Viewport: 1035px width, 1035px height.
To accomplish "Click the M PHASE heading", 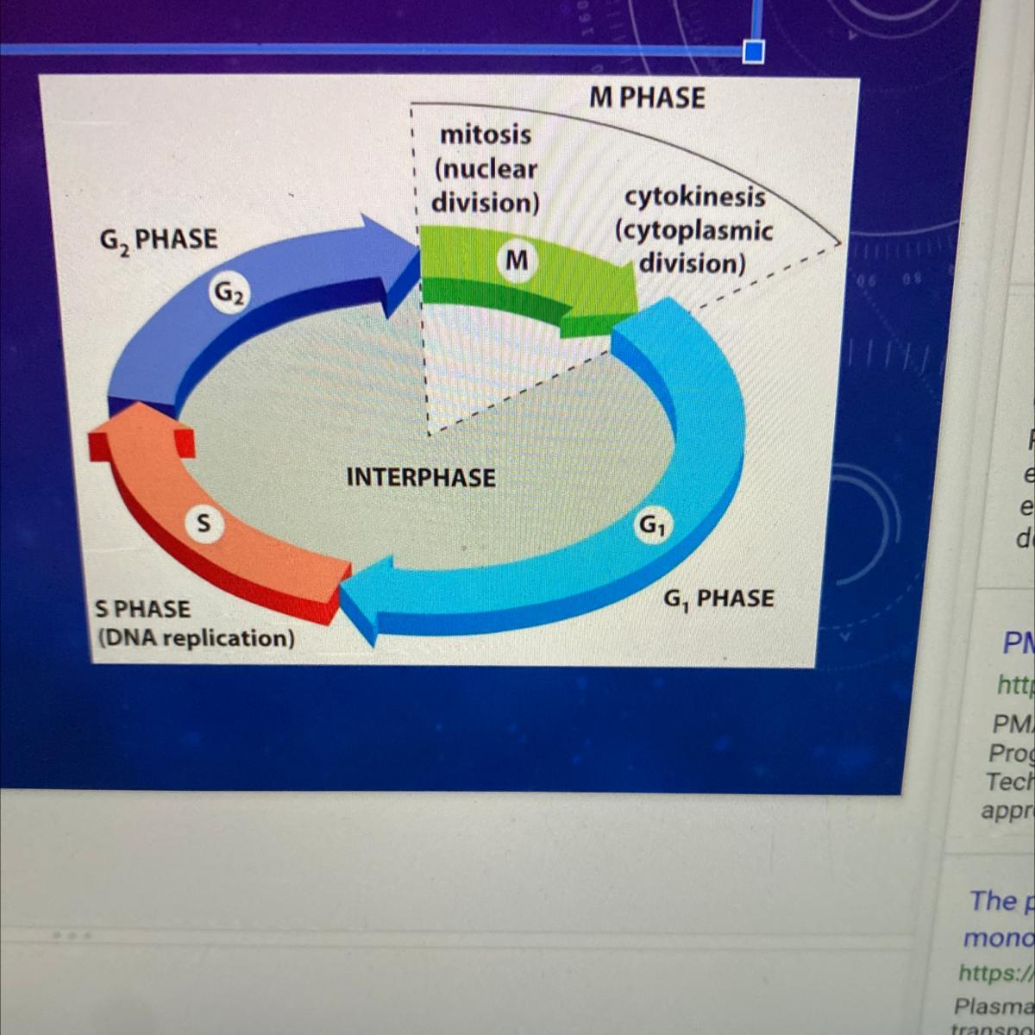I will tap(647, 97).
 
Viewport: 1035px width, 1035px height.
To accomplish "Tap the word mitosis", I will tap(486, 135).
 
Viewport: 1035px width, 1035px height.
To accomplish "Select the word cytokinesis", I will tap(694, 198).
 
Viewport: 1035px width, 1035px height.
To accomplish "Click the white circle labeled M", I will tap(517, 259).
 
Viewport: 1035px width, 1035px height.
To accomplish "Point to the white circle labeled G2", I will tap(229, 293).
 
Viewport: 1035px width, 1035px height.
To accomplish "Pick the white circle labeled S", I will tap(203, 523).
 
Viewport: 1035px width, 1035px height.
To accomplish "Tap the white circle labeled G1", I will tap(652, 524).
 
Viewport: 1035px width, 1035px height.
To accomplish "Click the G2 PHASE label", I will tap(159, 239).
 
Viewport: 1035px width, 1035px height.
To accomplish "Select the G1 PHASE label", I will tap(718, 598).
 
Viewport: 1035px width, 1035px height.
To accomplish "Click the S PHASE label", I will tap(142, 609).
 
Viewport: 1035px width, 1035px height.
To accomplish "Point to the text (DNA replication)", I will tap(196, 638).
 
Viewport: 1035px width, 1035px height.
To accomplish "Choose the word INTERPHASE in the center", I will tap(421, 477).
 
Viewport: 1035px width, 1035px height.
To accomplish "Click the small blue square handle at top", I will tap(753, 53).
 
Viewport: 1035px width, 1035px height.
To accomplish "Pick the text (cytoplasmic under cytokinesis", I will tap(693, 230).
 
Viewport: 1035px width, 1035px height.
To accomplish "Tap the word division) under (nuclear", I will tap(485, 203).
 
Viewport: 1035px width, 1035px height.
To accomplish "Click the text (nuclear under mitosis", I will tap(486, 169).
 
